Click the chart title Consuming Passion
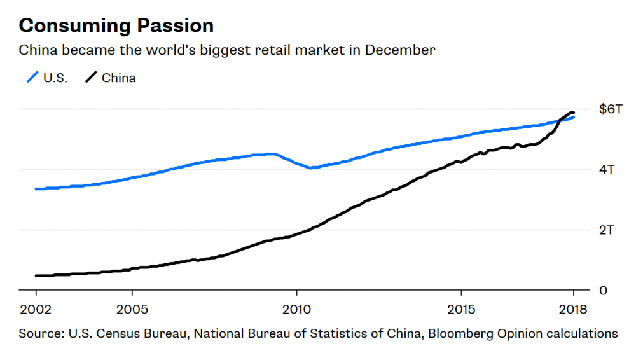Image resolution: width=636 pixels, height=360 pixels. click(x=116, y=25)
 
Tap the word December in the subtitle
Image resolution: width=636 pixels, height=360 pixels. click(x=400, y=50)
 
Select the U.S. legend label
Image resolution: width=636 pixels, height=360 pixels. click(x=55, y=78)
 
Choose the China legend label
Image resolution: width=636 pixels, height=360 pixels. click(x=118, y=78)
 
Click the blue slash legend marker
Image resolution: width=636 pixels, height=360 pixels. click(x=32, y=77)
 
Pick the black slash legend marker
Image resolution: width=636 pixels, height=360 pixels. click(x=91, y=77)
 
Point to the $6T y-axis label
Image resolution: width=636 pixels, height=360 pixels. click(x=611, y=109)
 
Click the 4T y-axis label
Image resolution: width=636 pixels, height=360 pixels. click(x=607, y=169)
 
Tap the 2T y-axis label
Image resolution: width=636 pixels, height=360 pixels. click(x=607, y=230)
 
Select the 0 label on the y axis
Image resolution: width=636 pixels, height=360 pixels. click(x=603, y=291)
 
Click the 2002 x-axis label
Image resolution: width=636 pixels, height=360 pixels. click(x=36, y=310)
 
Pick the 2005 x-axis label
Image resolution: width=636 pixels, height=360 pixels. click(x=132, y=310)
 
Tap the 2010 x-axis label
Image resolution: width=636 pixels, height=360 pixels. click(x=296, y=310)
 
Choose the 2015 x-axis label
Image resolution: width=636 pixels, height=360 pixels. click(x=461, y=310)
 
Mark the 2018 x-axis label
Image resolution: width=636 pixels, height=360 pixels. click(x=573, y=310)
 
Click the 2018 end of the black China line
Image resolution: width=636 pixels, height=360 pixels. click(x=573, y=113)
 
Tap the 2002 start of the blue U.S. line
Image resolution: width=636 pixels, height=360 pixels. click(x=36, y=189)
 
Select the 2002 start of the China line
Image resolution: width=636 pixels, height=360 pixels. click(x=36, y=276)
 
